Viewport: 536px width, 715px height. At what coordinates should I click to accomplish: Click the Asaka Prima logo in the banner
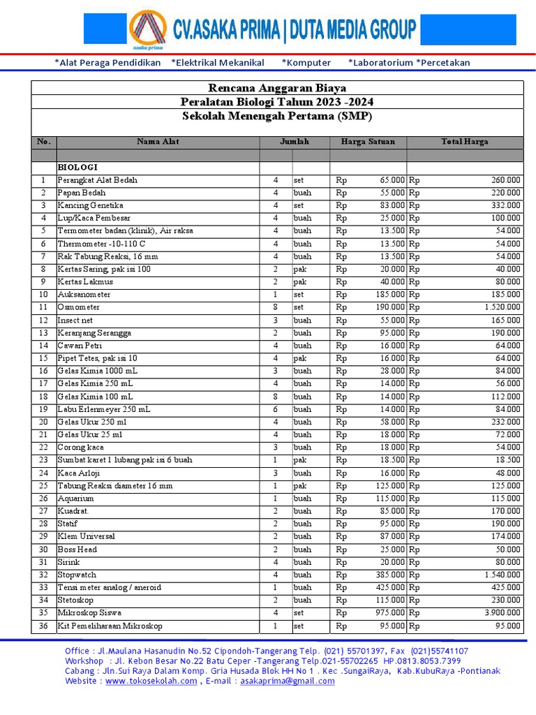click(x=147, y=30)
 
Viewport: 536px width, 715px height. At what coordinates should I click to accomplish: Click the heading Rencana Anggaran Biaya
click(x=277, y=88)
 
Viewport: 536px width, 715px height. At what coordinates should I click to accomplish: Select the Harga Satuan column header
click(x=367, y=142)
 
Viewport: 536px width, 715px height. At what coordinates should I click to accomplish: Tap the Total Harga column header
click(x=464, y=142)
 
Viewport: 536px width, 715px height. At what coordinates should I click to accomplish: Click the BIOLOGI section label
click(x=77, y=168)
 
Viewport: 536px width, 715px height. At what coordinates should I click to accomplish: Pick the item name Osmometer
click(x=78, y=307)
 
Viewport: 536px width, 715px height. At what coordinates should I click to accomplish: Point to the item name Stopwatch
click(x=77, y=575)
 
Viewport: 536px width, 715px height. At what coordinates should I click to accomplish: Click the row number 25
click(x=43, y=486)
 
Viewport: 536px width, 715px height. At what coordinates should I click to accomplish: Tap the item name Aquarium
click(x=75, y=499)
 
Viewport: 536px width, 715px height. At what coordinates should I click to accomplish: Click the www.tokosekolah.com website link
click(x=151, y=681)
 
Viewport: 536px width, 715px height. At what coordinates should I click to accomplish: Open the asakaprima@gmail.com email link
click(x=287, y=681)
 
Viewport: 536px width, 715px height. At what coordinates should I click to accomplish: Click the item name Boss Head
click(x=77, y=550)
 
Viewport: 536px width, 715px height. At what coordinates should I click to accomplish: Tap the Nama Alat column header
click(x=158, y=142)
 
